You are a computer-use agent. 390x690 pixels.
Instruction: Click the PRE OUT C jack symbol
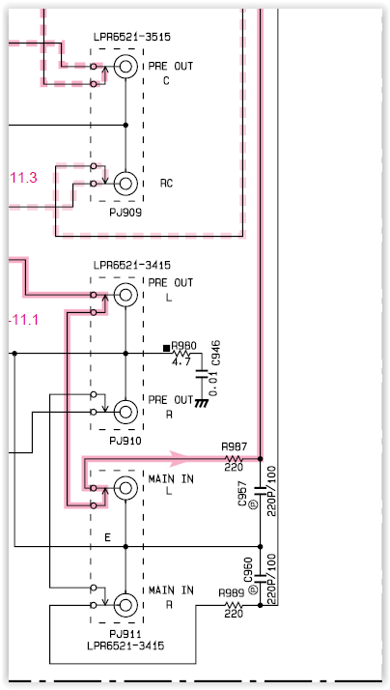[x=125, y=67]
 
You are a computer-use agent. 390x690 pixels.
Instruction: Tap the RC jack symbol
[x=125, y=183]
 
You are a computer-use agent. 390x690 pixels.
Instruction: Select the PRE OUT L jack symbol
[x=125, y=295]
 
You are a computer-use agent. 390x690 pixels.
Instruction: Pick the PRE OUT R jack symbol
[x=125, y=412]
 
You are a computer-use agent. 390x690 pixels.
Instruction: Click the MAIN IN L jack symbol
[x=125, y=488]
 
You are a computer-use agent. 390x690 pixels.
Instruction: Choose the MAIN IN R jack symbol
[x=125, y=605]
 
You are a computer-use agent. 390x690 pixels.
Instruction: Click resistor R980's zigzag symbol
[x=181, y=354]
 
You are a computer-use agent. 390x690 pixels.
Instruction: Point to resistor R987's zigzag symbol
[x=234, y=459]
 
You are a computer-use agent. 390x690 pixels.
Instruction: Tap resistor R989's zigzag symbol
[x=234, y=605]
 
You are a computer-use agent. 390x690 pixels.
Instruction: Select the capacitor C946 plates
[x=202, y=375]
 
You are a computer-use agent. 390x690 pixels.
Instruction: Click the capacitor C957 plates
[x=260, y=491]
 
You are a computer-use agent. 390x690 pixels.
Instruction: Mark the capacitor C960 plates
[x=260, y=578]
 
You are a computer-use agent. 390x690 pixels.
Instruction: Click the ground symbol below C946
[x=202, y=403]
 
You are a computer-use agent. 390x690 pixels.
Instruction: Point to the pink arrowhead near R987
[x=178, y=458]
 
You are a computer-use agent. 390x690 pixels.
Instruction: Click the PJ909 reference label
[x=125, y=213]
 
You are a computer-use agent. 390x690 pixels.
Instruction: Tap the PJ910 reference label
[x=125, y=441]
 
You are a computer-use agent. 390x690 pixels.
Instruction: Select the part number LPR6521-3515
[x=132, y=37]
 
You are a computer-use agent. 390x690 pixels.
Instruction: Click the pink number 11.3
[x=23, y=178]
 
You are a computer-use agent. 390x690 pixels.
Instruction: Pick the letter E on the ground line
[x=107, y=537]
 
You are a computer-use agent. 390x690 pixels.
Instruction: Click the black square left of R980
[x=166, y=348]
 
